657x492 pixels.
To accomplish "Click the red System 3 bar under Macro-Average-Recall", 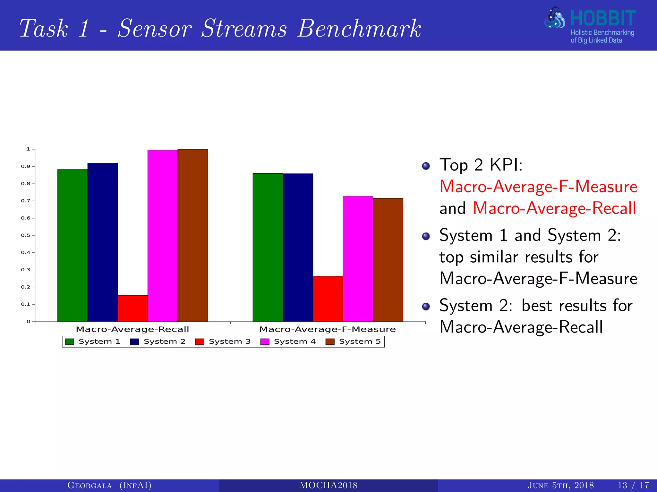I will [x=132, y=308].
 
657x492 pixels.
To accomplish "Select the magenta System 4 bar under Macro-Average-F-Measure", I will [x=358, y=259].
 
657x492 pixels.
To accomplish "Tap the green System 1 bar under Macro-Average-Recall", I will [x=73, y=245].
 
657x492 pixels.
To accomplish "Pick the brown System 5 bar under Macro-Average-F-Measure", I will [x=388, y=260].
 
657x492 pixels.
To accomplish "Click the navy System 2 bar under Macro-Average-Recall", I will [x=103, y=242].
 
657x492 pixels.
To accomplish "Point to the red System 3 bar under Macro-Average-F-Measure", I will [x=328, y=299].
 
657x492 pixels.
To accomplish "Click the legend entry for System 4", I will [x=288, y=341].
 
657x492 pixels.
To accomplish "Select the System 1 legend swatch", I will [x=70, y=341].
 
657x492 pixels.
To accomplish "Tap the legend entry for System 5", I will [x=353, y=341].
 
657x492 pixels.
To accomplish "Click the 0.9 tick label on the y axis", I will [x=26, y=167].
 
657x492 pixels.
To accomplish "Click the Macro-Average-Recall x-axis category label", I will [x=132, y=329].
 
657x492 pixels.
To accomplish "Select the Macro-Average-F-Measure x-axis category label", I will [x=327, y=329].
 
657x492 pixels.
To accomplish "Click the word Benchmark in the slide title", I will [x=359, y=29].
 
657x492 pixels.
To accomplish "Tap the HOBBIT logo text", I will [x=602, y=19].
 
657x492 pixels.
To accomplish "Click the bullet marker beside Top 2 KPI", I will [x=426, y=166].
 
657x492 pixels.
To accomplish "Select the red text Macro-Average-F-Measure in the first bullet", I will [x=538, y=186].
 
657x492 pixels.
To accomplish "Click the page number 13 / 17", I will [x=633, y=485].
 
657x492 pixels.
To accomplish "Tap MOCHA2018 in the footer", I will [x=328, y=485].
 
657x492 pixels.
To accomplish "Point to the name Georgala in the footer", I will [x=90, y=485].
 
